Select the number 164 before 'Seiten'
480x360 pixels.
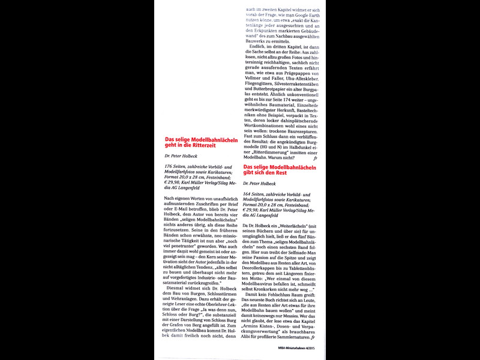pos(248,194)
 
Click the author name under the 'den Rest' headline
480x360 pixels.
pos(259,183)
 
